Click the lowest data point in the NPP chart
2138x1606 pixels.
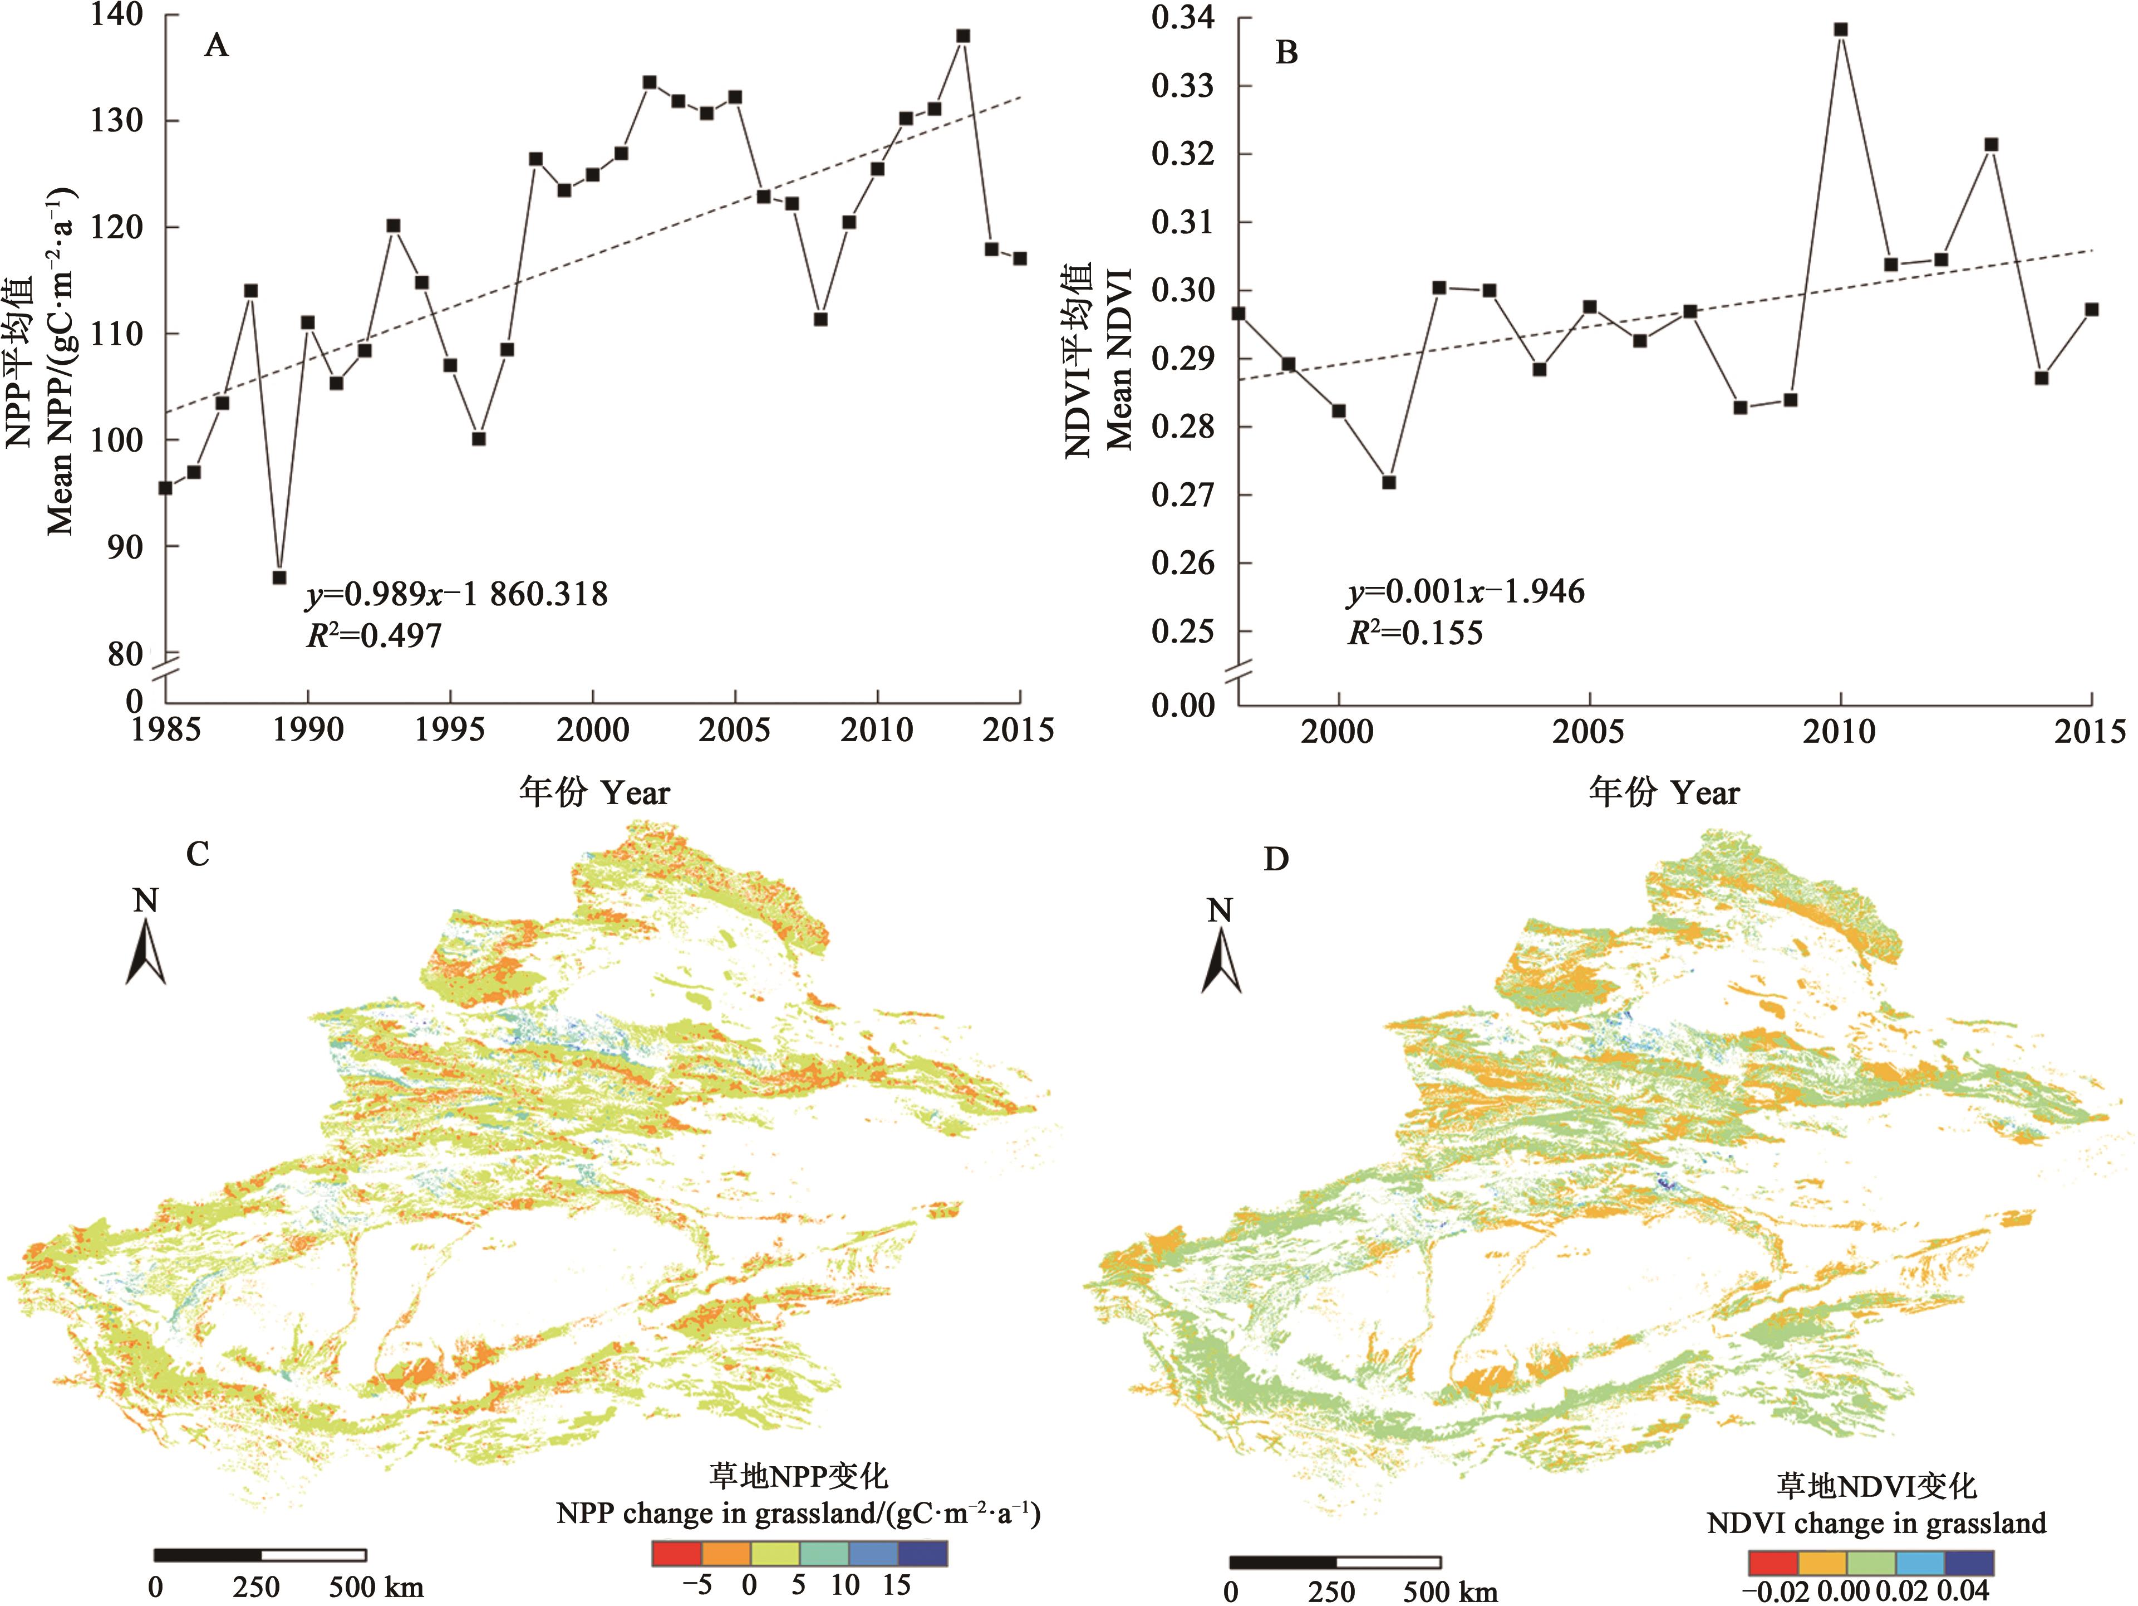(279, 577)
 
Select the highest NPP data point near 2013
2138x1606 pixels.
(962, 36)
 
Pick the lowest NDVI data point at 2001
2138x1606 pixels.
(1389, 482)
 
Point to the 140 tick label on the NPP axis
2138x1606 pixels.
(116, 14)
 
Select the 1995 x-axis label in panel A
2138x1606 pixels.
(449, 730)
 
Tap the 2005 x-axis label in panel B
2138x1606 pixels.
(1589, 732)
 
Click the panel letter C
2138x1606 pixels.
(197, 854)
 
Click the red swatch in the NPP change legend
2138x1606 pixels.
(677, 1553)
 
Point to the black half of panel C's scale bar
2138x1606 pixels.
(208, 1555)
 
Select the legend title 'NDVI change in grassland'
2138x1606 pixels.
(1876, 1524)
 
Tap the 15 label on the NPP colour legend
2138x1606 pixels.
(896, 1585)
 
